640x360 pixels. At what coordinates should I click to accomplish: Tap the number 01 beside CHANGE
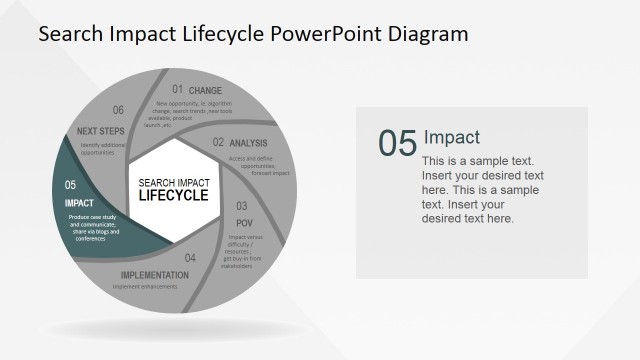[177, 90]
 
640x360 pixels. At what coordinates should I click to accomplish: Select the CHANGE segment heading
[205, 91]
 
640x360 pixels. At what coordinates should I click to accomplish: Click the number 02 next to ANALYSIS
[218, 143]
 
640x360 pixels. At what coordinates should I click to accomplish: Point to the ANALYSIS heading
[248, 143]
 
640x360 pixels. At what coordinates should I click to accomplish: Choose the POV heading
[244, 222]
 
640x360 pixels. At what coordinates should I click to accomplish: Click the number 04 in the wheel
[190, 258]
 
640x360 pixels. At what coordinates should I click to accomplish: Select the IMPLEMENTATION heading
[154, 275]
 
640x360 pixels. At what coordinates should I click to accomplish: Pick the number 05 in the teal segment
[70, 185]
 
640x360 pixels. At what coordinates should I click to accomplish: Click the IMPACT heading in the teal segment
[79, 203]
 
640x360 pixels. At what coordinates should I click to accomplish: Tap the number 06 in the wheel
[118, 111]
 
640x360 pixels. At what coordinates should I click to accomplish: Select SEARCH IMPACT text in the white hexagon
[173, 182]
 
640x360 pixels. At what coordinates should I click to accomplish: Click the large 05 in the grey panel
[397, 143]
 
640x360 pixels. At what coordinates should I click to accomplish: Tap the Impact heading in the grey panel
[452, 137]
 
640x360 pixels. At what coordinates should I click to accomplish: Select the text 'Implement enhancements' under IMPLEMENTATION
[145, 287]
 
